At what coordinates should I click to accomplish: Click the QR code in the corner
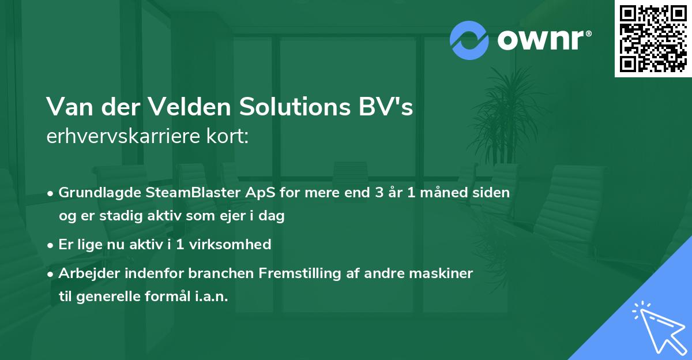click(653, 38)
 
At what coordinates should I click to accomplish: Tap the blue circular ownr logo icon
click(469, 40)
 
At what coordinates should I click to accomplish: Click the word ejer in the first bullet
click(228, 216)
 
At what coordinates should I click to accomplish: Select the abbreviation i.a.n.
click(211, 297)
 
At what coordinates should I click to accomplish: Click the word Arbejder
click(85, 273)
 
